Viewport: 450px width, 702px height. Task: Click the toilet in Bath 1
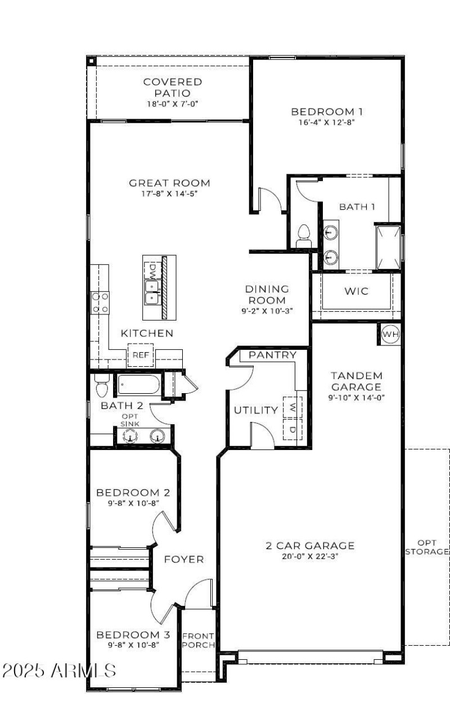304,233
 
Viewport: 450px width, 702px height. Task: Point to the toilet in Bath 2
102,386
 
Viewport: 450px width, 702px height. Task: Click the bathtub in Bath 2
138,385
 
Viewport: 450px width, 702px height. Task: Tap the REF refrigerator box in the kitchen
140,355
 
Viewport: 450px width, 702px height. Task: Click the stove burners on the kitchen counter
101,302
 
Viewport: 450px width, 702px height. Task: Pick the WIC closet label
356,291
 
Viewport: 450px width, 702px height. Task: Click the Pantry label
273,355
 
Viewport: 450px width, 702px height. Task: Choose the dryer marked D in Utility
292,430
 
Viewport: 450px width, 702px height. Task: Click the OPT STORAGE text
427,547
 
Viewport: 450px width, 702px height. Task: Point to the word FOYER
184,560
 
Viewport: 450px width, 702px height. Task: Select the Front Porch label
198,640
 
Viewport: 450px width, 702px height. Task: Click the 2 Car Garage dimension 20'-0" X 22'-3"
310,556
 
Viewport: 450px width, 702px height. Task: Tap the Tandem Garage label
356,381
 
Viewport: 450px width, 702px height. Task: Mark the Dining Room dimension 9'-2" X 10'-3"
267,310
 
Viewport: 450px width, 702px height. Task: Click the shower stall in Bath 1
388,247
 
